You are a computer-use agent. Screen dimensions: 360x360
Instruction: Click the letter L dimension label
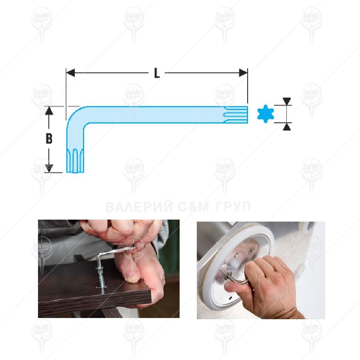click(x=157, y=73)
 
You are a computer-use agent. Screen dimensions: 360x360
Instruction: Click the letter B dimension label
click(x=49, y=138)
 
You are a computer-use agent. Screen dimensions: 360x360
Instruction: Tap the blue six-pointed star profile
click(x=266, y=114)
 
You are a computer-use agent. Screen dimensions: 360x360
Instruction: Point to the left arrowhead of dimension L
click(x=70, y=73)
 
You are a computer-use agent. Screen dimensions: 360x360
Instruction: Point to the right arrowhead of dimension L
click(x=243, y=73)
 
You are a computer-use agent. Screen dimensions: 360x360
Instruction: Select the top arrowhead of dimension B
click(x=49, y=111)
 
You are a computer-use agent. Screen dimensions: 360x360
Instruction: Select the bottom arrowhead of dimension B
click(x=49, y=168)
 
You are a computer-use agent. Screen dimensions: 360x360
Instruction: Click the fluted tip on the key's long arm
click(x=236, y=114)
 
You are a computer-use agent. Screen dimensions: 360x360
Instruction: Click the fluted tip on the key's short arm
click(x=75, y=160)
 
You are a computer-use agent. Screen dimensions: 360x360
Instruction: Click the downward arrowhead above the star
click(x=287, y=101)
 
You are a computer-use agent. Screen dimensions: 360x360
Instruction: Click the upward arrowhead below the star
click(x=287, y=127)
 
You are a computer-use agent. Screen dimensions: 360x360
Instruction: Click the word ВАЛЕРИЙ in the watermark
click(x=139, y=207)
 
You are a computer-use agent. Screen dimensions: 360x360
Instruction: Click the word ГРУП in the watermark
click(x=233, y=207)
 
